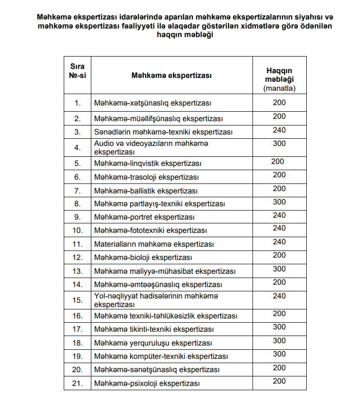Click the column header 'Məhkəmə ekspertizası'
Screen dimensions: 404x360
point(172,75)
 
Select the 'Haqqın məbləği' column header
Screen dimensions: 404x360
point(279,75)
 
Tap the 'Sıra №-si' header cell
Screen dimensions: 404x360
point(78,71)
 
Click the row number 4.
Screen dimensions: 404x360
point(78,147)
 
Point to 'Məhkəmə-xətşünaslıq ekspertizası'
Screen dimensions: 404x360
point(153,103)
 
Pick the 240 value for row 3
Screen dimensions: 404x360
point(279,129)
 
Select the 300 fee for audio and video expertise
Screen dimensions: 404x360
point(279,143)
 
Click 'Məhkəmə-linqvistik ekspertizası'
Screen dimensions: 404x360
point(148,164)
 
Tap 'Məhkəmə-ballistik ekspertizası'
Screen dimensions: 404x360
point(146,191)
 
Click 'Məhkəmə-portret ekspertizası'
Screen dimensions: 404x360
point(145,217)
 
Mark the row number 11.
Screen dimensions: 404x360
point(78,244)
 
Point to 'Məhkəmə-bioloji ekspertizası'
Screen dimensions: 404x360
point(143,258)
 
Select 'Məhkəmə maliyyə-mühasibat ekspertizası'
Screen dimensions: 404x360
point(165,271)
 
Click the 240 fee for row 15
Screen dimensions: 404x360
point(279,296)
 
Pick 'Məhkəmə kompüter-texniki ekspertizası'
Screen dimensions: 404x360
point(161,356)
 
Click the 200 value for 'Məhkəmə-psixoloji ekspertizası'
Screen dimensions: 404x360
point(279,381)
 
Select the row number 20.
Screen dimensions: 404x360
point(78,369)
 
